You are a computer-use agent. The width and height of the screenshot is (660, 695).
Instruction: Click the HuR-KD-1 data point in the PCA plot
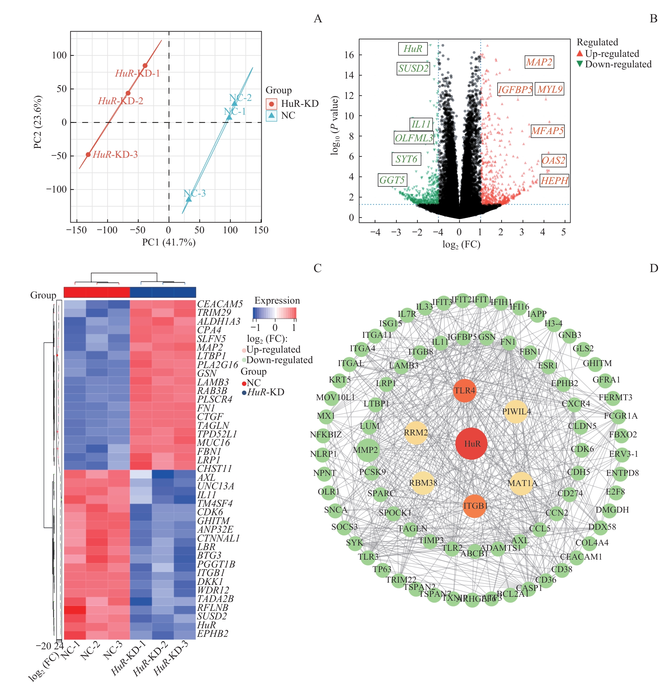click(145, 66)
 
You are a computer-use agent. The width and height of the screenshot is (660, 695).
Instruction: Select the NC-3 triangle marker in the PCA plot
click(189, 199)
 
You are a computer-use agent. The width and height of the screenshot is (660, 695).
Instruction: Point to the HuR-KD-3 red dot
click(88, 155)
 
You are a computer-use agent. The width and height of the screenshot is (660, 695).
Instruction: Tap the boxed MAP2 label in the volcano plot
click(539, 62)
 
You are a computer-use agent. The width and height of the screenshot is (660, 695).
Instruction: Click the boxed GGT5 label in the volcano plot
click(392, 180)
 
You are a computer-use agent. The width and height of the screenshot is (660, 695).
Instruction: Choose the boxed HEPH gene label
click(554, 181)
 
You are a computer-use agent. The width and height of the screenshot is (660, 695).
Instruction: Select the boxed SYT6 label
click(406, 159)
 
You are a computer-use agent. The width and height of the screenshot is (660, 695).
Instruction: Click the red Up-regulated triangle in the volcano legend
click(580, 54)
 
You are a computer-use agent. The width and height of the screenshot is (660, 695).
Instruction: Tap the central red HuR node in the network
click(471, 444)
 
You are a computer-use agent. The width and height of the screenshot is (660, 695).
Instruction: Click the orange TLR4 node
click(464, 390)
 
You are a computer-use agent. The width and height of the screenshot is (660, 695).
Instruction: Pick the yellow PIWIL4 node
click(516, 411)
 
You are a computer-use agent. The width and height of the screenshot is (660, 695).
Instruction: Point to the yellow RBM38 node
click(423, 483)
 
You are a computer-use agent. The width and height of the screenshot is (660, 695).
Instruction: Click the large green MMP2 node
click(368, 450)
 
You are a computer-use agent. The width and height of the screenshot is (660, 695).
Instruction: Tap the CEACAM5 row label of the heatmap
click(220, 304)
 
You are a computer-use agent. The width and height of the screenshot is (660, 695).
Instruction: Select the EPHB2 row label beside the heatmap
click(212, 634)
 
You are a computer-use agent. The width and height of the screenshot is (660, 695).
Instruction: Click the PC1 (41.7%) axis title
click(169, 242)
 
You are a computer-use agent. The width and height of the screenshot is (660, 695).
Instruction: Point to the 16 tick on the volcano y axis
click(349, 55)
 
